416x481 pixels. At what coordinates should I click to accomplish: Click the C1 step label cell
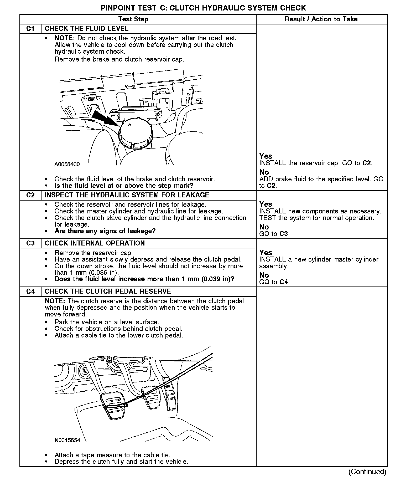tap(30, 29)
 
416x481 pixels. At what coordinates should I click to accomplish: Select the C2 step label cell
tap(30, 195)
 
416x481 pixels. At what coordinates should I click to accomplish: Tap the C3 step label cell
tap(30, 243)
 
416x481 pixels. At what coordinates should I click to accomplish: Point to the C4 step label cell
tap(30, 291)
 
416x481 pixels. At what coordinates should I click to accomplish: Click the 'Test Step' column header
tap(133, 19)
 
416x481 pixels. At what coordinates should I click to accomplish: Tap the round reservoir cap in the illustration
tap(135, 133)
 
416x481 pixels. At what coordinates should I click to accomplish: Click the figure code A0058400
tap(67, 165)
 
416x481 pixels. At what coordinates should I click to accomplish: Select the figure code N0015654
tap(67, 440)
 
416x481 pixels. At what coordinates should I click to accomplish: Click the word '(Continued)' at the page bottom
tap(367, 472)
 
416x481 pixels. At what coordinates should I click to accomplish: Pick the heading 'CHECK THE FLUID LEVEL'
tap(87, 29)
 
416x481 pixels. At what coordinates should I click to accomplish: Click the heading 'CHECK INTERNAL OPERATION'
tap(95, 243)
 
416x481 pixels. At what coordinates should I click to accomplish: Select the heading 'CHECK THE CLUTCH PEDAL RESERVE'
tap(108, 291)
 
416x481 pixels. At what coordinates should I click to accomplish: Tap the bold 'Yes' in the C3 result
tap(266, 253)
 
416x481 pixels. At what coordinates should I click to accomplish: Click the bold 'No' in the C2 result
tap(264, 227)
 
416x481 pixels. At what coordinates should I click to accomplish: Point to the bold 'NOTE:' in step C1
tap(65, 38)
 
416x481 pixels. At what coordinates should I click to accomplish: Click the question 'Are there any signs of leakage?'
tap(105, 231)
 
